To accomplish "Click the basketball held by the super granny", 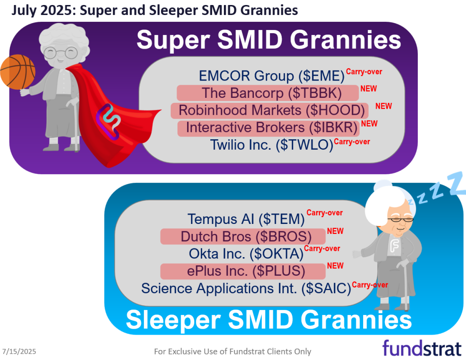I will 17,72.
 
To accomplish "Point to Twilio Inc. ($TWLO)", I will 272,145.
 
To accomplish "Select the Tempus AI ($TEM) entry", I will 246,219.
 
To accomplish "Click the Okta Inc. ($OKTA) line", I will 246,254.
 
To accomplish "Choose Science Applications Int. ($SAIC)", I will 246,288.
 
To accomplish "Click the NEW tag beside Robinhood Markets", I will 383,106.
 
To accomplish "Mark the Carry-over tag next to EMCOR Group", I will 364,71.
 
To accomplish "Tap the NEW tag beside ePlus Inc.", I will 335,265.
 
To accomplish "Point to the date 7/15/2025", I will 19,351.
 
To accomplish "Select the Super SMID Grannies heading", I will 268,40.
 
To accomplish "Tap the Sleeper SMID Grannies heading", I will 268,319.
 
